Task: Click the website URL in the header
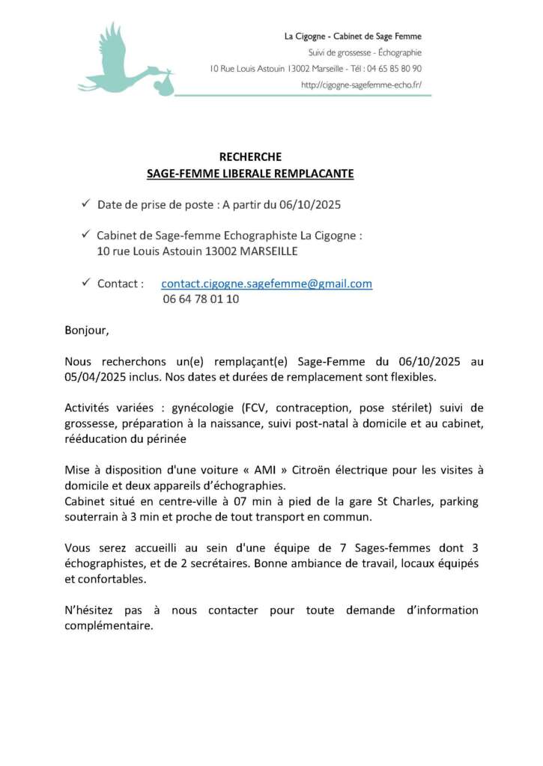(361, 85)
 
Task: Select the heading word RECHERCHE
(250, 156)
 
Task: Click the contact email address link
(267, 284)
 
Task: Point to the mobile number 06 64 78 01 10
(201, 298)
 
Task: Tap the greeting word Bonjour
(86, 329)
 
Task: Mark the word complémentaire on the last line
(109, 626)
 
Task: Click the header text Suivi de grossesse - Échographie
(365, 52)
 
